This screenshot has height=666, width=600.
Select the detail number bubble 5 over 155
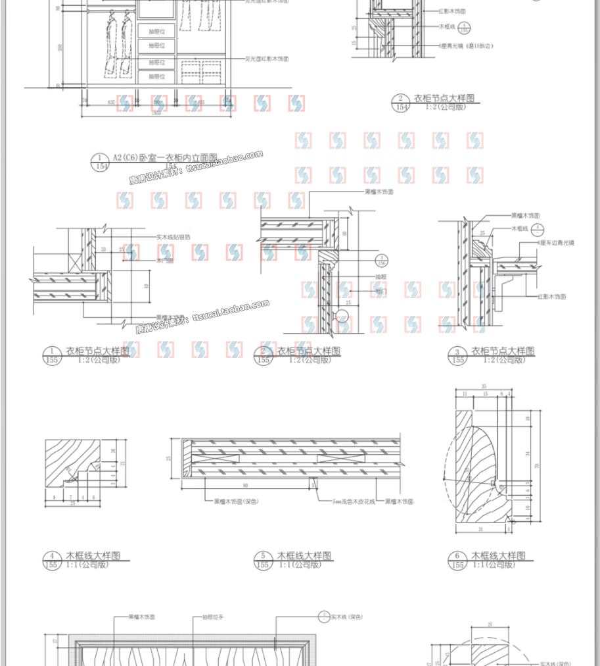coord(262,560)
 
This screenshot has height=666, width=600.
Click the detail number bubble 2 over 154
coord(399,103)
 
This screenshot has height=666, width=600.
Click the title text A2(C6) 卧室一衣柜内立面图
coord(164,157)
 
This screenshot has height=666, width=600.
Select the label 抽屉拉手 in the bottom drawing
coord(213,617)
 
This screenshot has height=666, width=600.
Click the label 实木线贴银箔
coord(173,237)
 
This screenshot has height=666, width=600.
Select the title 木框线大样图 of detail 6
coord(498,556)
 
